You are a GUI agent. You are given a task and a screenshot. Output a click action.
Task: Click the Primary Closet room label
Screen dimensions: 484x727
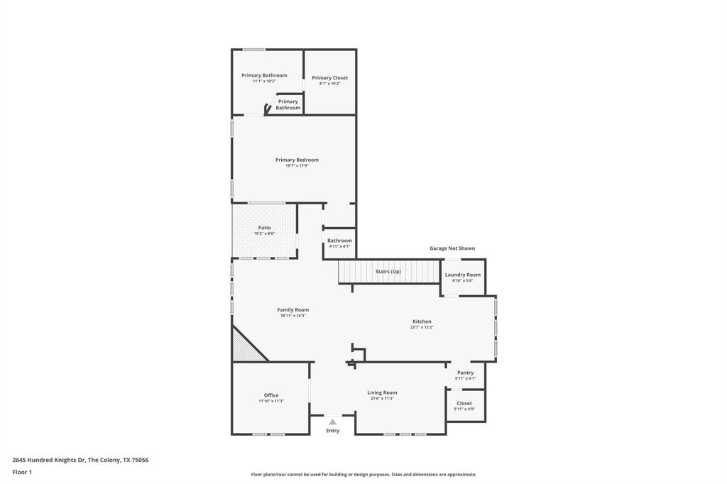click(x=329, y=78)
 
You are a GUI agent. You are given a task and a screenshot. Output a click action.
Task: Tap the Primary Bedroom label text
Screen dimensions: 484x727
click(x=297, y=160)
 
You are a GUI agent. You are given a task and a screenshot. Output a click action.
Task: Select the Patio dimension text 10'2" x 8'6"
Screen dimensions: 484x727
click(x=264, y=233)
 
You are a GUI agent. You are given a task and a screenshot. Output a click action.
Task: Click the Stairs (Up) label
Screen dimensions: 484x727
click(x=388, y=272)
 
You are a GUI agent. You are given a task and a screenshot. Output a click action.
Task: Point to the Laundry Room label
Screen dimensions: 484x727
click(x=463, y=275)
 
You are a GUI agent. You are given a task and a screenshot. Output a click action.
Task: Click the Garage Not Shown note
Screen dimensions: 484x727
click(x=452, y=248)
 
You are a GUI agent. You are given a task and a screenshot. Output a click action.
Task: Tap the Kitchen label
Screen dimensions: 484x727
click(x=422, y=321)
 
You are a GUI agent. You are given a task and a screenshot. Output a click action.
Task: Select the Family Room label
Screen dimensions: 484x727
click(x=293, y=309)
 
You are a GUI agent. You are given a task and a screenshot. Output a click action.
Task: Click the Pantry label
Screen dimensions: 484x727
click(x=466, y=373)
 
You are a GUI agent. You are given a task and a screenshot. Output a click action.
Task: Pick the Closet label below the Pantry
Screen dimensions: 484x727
click(x=464, y=403)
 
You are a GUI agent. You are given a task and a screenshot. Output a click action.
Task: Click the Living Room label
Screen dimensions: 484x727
click(x=382, y=392)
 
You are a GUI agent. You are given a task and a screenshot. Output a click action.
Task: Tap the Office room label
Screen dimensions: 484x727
click(x=271, y=395)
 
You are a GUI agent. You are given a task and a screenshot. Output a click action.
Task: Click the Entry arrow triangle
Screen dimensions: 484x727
click(x=332, y=422)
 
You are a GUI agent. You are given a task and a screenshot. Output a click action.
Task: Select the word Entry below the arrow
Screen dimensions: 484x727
click(x=332, y=431)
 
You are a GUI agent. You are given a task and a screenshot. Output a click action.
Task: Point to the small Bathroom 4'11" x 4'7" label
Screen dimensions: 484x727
click(x=339, y=241)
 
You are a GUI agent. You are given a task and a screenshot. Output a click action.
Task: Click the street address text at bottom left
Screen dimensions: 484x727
click(x=80, y=460)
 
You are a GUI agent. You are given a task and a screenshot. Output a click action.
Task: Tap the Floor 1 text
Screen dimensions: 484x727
click(x=22, y=472)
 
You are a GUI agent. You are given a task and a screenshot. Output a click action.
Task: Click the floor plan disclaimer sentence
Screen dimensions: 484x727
click(x=363, y=475)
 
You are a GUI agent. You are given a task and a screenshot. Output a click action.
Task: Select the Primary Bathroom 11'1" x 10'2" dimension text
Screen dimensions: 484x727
click(x=264, y=81)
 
